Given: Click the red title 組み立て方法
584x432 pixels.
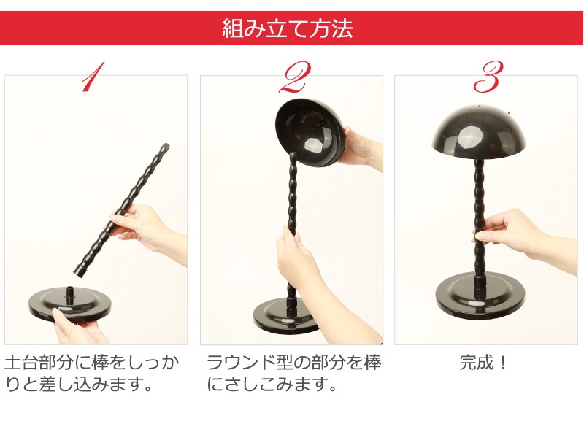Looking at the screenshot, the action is [x=287, y=28].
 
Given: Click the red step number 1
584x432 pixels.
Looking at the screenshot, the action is [x=93, y=77].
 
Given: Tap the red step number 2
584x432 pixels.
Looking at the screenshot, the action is [x=295, y=77].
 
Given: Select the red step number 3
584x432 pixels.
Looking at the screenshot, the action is [x=488, y=77].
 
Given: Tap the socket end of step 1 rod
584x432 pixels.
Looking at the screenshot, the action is [x=82, y=271].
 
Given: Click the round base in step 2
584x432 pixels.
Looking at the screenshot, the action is [x=283, y=316].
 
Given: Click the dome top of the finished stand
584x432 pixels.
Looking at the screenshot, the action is [x=479, y=132].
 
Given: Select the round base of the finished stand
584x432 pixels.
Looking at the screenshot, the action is [x=480, y=296].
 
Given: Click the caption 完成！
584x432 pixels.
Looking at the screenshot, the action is [x=483, y=363].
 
